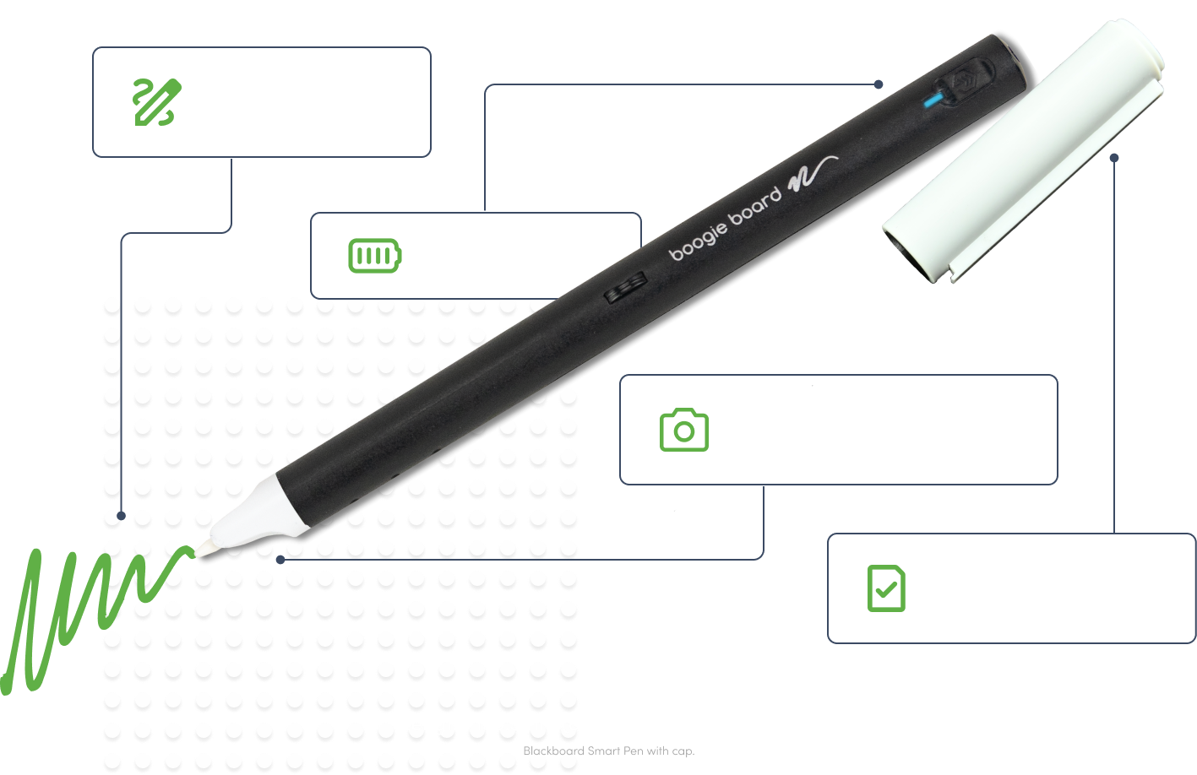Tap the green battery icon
[375, 255]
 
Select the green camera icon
[683, 431]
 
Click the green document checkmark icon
[885, 588]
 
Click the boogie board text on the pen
[725, 225]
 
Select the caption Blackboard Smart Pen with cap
[608, 751]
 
